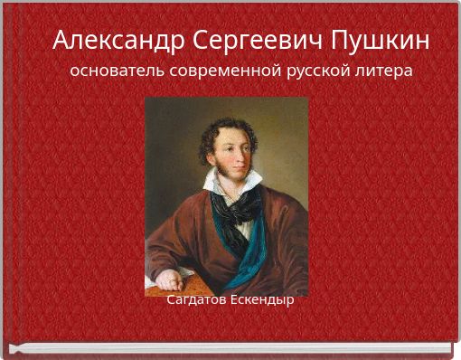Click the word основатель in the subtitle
pos(115,71)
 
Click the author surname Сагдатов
pos(196,299)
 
